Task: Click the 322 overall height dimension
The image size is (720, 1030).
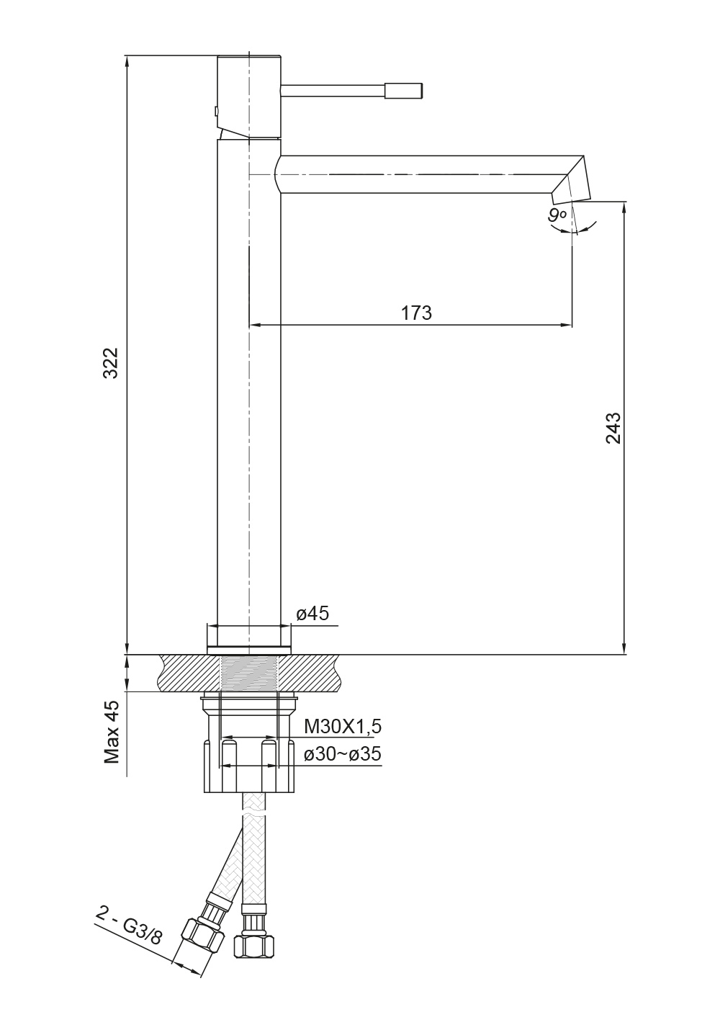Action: coord(111,363)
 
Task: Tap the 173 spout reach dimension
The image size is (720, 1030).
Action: coord(417,313)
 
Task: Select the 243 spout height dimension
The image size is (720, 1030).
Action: coord(613,428)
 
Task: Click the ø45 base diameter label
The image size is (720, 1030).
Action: coord(312,614)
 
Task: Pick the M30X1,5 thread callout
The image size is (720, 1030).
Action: coord(343,727)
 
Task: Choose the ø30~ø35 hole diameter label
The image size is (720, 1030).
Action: coord(343,754)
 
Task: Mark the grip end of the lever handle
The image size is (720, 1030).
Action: coord(404,90)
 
